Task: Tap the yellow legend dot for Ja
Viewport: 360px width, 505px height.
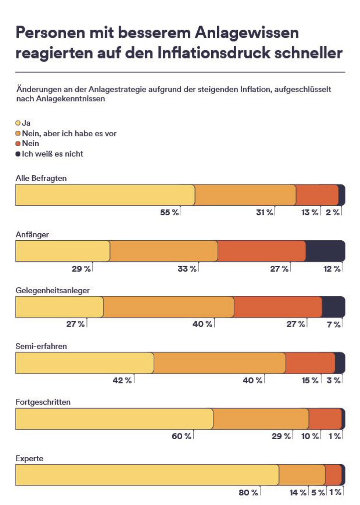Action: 18,123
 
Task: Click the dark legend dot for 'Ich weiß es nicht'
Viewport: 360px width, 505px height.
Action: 18,154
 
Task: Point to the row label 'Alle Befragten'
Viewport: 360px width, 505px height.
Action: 41,178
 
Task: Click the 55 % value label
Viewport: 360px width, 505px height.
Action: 169,212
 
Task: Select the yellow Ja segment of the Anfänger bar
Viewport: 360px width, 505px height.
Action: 63,251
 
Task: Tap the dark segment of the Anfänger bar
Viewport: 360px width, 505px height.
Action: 325,251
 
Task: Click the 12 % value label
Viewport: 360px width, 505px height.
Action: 332,269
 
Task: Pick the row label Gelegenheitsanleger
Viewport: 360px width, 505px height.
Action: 53,290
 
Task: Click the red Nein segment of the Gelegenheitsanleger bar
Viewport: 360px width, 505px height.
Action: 278,307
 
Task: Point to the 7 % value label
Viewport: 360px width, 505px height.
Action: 333,324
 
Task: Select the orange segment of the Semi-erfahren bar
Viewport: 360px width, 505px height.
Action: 220,363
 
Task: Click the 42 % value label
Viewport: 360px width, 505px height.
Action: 122,381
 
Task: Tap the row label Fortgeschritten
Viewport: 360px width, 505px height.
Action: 43,402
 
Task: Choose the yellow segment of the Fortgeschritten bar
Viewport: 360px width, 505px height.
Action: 114,419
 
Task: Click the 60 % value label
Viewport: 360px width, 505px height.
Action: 181,436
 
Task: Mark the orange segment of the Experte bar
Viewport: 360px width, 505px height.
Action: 302,474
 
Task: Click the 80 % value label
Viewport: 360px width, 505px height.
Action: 248,492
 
